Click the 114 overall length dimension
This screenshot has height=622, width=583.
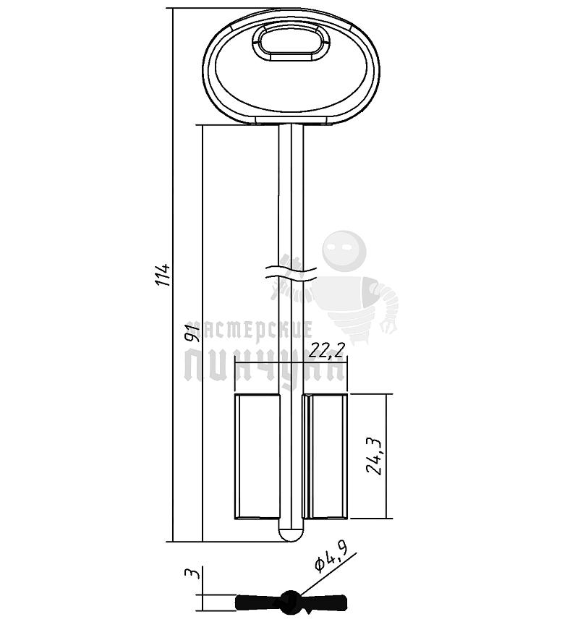(163, 275)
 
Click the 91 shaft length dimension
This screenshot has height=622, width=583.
(192, 333)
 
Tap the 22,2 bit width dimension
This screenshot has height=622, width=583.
(327, 350)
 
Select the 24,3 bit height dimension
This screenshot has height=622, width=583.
(374, 456)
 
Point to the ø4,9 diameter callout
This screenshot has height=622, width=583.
(331, 559)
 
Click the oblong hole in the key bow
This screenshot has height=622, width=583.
(291, 42)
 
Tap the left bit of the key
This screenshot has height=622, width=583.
(258, 456)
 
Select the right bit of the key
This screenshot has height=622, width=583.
(325, 456)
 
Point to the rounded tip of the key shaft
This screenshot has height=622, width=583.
(291, 534)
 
